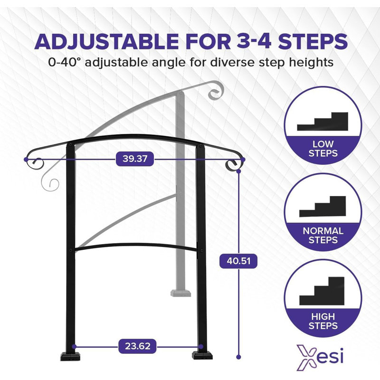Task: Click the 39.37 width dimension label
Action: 135,159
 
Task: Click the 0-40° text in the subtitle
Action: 67,62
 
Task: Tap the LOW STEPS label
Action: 323,148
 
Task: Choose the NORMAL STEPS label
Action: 323,236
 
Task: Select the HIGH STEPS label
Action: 323,321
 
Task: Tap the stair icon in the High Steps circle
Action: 322,291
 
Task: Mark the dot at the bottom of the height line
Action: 238,356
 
